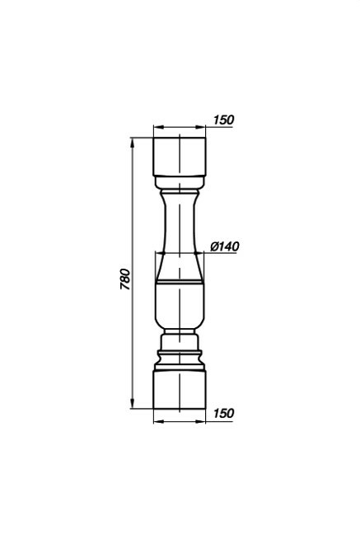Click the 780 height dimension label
click(126, 279)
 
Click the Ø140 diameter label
click(225, 246)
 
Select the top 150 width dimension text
click(223, 120)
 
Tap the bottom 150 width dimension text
click(223, 413)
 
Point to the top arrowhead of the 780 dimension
click(133, 143)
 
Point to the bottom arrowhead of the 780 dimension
click(133, 404)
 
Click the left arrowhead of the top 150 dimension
click(158, 127)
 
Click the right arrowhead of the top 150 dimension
click(201, 127)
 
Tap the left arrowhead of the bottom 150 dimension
click(158, 421)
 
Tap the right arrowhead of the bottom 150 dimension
click(201, 421)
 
